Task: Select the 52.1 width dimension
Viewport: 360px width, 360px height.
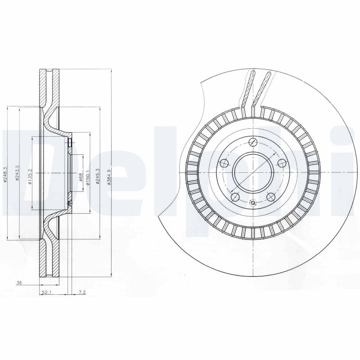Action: (x=46, y=292)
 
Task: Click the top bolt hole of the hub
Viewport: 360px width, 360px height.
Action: (x=253, y=143)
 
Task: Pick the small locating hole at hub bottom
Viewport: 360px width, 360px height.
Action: (x=253, y=203)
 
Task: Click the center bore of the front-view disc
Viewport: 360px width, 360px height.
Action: (x=253, y=173)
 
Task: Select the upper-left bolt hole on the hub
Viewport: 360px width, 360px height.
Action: (x=224, y=163)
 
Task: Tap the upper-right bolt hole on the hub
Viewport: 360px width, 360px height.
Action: (x=282, y=163)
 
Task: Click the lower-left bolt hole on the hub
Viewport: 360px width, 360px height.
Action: (x=234, y=197)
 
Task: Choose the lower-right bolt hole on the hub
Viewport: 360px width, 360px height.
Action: (x=271, y=197)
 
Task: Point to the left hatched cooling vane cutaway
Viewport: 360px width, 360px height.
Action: (x=248, y=88)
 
